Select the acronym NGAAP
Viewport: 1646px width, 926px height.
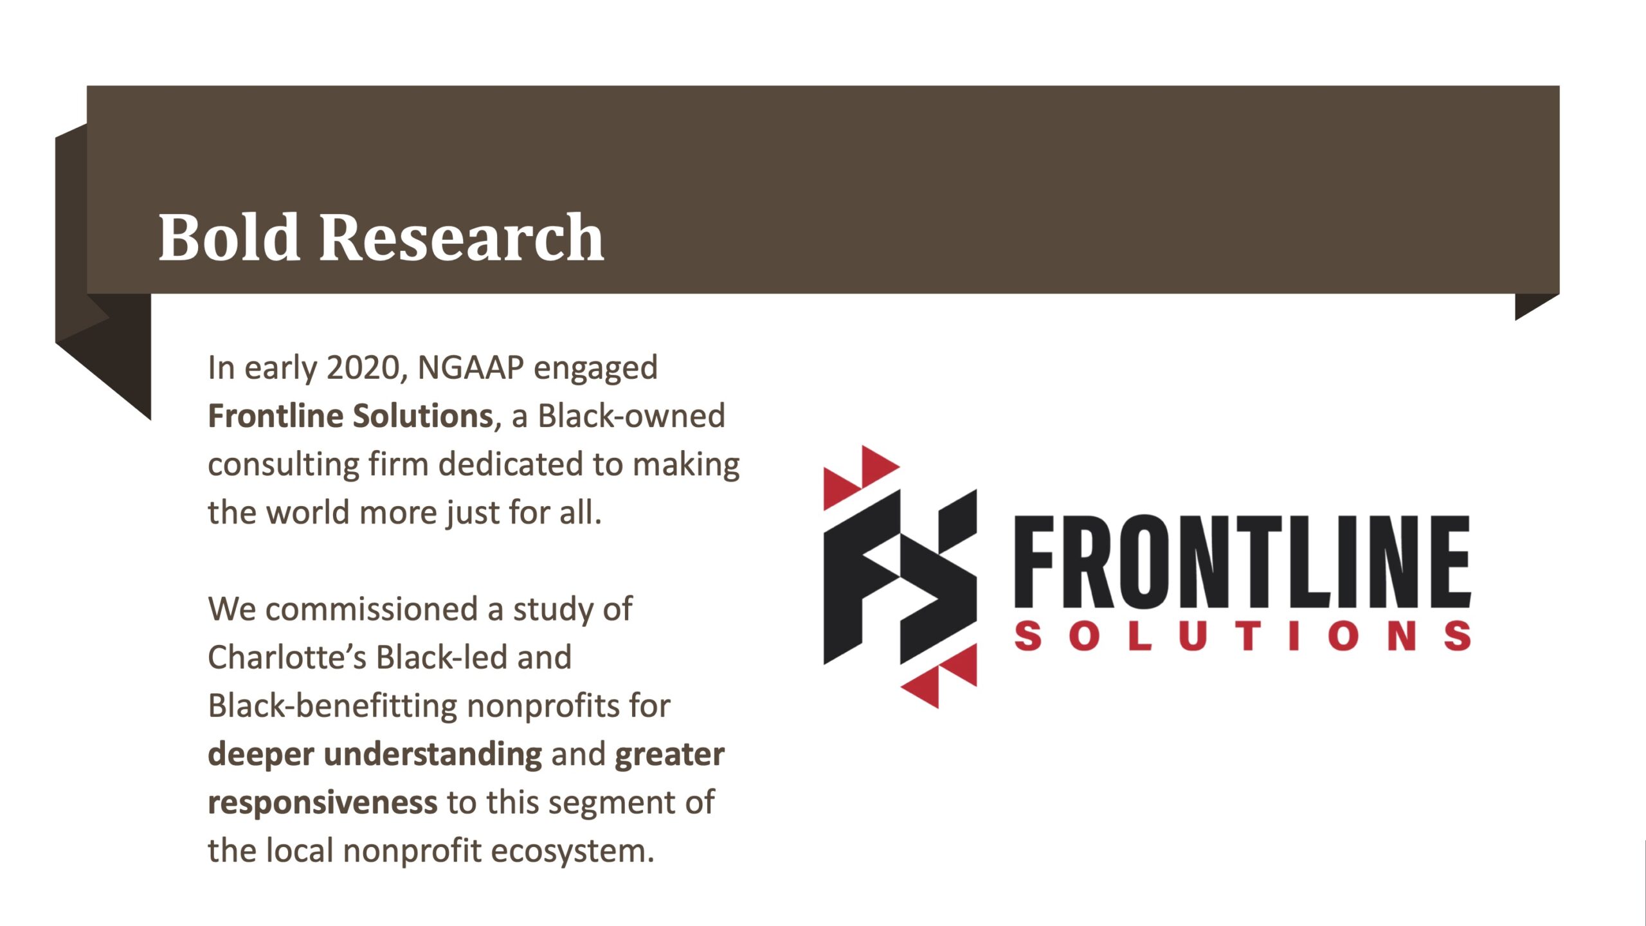[471, 368]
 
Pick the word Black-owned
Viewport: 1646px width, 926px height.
[631, 415]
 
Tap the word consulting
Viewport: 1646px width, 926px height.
[284, 464]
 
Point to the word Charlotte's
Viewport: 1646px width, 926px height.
[287, 657]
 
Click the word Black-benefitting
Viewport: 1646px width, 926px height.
[332, 705]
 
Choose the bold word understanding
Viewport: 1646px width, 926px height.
[433, 754]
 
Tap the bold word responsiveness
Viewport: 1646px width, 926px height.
[323, 803]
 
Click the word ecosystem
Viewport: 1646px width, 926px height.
[572, 851]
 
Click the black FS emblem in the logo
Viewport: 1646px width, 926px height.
[900, 577]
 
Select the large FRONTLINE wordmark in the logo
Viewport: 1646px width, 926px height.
[1242, 561]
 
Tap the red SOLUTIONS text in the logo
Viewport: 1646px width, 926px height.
[1242, 635]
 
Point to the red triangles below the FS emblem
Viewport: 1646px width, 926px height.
[939, 676]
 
